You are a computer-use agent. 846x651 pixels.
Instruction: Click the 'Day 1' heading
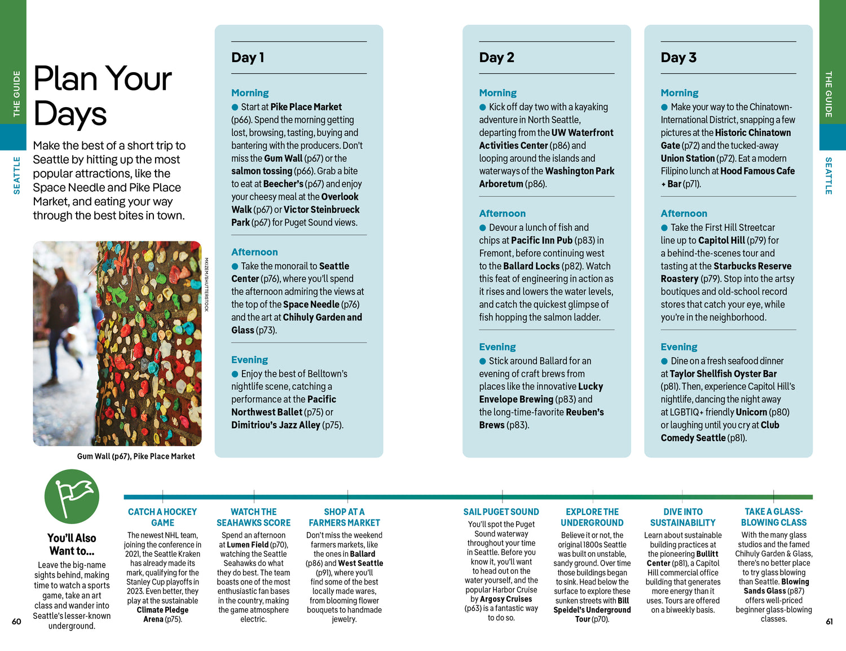(x=248, y=58)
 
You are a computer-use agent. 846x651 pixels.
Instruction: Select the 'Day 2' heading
(x=496, y=58)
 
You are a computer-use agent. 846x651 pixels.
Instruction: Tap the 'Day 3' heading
(x=678, y=58)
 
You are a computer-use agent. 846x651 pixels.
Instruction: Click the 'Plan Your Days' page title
(x=102, y=95)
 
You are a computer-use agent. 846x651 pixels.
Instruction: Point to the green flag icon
(x=72, y=496)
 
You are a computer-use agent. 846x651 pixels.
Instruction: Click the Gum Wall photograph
(x=117, y=344)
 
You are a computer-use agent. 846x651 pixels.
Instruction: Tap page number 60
(x=16, y=622)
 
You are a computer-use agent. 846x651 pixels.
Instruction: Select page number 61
(x=829, y=622)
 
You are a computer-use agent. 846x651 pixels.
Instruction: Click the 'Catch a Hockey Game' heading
(x=162, y=517)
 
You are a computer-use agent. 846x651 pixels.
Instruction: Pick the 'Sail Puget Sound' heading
(x=501, y=512)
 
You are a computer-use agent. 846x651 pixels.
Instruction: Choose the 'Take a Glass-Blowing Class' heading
(x=774, y=517)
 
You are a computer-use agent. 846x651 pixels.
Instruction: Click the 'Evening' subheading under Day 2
(x=497, y=347)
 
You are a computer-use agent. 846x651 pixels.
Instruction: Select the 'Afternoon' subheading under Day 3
(x=684, y=213)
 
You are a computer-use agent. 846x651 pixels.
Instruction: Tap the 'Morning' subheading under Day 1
(x=250, y=93)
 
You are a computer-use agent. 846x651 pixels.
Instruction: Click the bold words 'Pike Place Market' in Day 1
(x=306, y=107)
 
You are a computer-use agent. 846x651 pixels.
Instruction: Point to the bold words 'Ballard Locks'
(x=531, y=266)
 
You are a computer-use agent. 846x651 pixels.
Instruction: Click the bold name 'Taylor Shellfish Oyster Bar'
(x=723, y=374)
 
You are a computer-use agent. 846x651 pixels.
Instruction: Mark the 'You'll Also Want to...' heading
(x=72, y=544)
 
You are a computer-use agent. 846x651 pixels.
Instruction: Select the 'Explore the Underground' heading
(x=592, y=517)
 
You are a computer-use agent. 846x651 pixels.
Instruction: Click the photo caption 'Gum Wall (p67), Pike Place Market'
(x=136, y=456)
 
